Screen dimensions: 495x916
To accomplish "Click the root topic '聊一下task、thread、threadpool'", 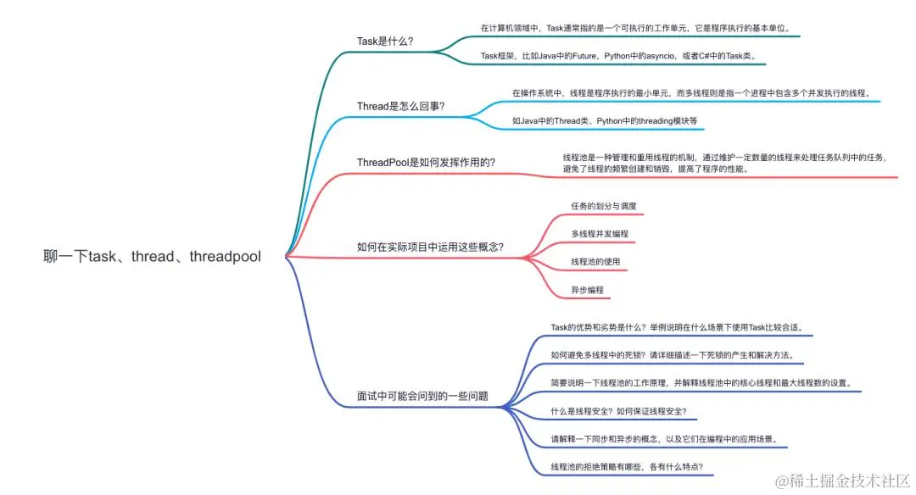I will [152, 256].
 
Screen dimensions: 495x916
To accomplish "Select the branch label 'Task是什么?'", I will [385, 41].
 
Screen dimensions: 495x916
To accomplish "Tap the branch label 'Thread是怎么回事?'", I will [401, 106].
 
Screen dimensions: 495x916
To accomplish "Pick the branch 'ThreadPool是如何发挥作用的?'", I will [427, 162].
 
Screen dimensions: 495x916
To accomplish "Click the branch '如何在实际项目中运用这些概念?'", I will [430, 247].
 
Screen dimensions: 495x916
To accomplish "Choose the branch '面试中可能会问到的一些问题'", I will [422, 396].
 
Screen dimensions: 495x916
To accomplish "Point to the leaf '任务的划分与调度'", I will [603, 206].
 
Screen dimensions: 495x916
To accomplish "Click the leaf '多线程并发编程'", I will [599, 233].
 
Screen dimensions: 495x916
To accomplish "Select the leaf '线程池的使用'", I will [595, 261].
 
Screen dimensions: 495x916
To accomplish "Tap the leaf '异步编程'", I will [587, 289].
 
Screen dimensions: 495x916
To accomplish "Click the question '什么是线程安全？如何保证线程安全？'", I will [618, 411].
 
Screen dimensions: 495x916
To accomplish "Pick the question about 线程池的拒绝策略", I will [626, 467].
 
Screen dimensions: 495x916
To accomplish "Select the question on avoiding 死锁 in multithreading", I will [672, 355].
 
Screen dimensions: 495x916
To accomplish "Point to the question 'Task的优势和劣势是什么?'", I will [676, 327].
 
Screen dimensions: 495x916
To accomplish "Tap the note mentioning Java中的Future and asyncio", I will [617, 56].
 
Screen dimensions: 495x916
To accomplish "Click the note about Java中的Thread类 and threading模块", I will [604, 121].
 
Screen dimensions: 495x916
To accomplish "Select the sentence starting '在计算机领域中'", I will [635, 28].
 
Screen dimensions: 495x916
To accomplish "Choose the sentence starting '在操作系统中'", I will [691, 92].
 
